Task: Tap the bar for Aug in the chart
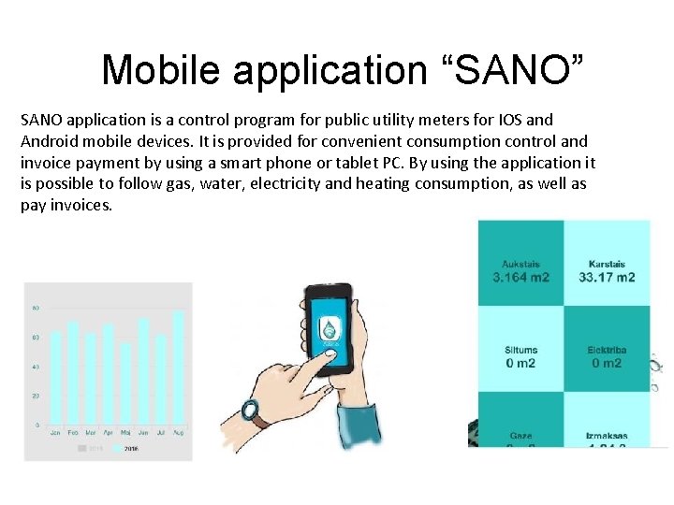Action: (x=177, y=368)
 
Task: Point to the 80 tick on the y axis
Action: (x=36, y=308)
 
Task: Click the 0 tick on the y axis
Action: (x=36, y=426)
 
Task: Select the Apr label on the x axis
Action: (x=108, y=433)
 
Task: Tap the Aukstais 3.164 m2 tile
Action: (x=520, y=265)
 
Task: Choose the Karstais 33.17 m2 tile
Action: (x=607, y=265)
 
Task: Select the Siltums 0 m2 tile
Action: (x=520, y=350)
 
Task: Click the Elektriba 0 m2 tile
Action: (x=607, y=350)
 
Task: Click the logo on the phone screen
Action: (x=330, y=329)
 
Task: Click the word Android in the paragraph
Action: (x=52, y=141)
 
